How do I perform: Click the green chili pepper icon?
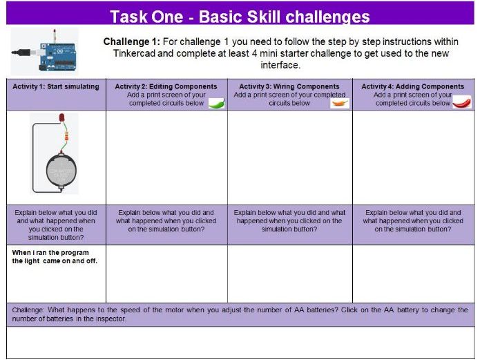tap(216, 103)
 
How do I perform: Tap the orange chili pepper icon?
tap(340, 103)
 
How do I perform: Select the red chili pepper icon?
tap(462, 102)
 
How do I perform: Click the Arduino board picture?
tap(57, 57)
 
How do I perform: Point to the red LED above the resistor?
tap(61, 117)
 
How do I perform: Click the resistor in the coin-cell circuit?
tap(66, 136)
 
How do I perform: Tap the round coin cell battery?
tap(61, 170)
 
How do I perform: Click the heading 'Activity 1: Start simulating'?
tap(56, 86)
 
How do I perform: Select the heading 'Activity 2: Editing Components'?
tap(166, 86)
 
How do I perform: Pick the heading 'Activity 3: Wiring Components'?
tap(289, 86)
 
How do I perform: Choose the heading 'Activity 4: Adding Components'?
tap(412, 86)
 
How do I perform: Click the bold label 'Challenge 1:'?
tap(132, 41)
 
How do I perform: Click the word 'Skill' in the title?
tap(264, 17)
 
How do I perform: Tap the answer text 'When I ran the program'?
tap(50, 253)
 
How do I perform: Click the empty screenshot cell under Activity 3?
tap(290, 158)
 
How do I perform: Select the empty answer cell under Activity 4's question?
tap(413, 274)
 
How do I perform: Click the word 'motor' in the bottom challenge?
tap(174, 310)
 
